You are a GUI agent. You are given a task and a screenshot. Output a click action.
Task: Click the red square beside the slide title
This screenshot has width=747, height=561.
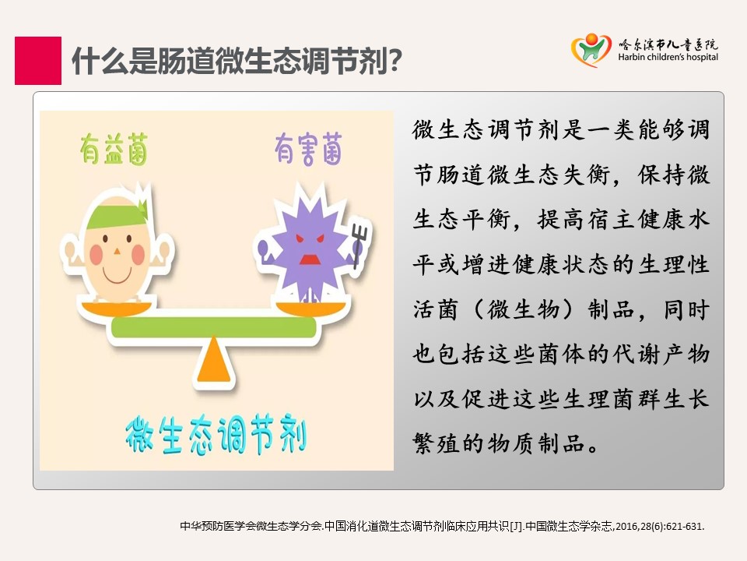point(38,61)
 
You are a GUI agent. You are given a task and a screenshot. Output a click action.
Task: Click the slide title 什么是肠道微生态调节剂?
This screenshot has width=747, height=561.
point(237,61)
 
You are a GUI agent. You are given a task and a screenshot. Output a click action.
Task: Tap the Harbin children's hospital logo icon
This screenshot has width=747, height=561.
point(591,50)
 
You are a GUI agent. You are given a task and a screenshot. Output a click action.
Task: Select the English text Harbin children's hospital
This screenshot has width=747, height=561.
point(668,57)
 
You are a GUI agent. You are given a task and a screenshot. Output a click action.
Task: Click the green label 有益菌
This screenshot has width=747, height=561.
point(114,150)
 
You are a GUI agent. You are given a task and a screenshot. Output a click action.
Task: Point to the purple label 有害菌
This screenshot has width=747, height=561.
point(309,149)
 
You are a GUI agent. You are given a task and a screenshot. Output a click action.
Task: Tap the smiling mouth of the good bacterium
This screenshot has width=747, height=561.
point(117,275)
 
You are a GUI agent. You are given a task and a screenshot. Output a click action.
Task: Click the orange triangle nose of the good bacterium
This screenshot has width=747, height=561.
point(117,250)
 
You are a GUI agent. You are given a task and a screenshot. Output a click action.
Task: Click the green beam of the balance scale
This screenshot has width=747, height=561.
point(214,326)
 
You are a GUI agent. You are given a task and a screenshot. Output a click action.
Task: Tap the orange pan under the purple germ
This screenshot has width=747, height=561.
point(311,309)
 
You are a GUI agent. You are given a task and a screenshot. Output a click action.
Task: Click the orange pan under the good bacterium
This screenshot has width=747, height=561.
point(117,309)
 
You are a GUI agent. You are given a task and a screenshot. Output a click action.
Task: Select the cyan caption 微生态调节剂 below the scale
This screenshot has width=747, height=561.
point(216,434)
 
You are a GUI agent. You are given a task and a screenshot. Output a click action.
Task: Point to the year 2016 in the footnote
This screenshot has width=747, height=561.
point(627,527)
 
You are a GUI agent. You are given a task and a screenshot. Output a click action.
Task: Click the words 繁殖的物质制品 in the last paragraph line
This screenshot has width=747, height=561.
point(499,443)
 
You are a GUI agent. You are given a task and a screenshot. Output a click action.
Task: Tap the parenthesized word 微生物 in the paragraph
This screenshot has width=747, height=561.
point(524,309)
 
